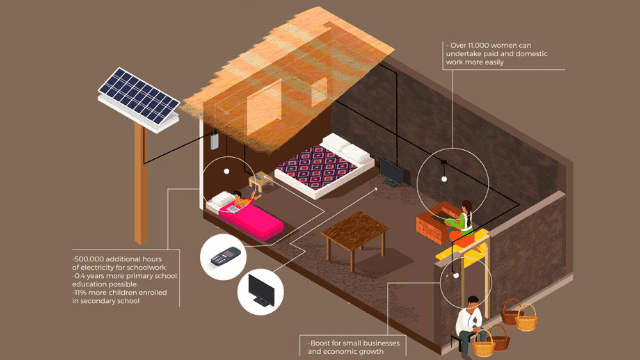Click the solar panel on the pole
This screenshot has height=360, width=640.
[139, 100]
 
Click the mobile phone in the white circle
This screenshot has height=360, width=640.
[225, 256]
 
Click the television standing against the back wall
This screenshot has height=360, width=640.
[391, 172]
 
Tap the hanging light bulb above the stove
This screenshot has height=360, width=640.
[444, 179]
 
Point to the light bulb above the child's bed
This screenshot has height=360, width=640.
[227, 171]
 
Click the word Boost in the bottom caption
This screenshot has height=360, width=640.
[320, 343]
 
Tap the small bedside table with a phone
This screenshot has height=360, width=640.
[260, 181]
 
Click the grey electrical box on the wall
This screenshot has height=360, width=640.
[214, 141]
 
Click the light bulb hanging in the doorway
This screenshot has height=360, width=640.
[456, 275]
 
